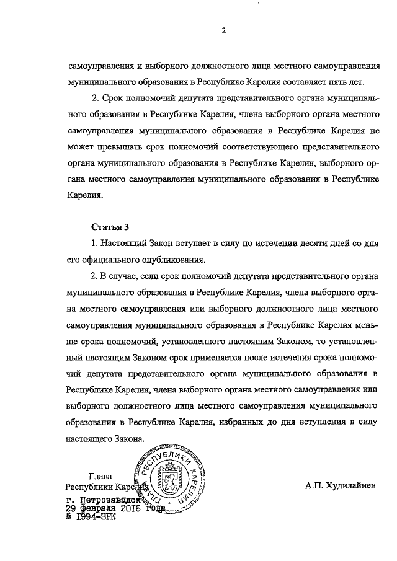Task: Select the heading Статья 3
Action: (109, 227)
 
